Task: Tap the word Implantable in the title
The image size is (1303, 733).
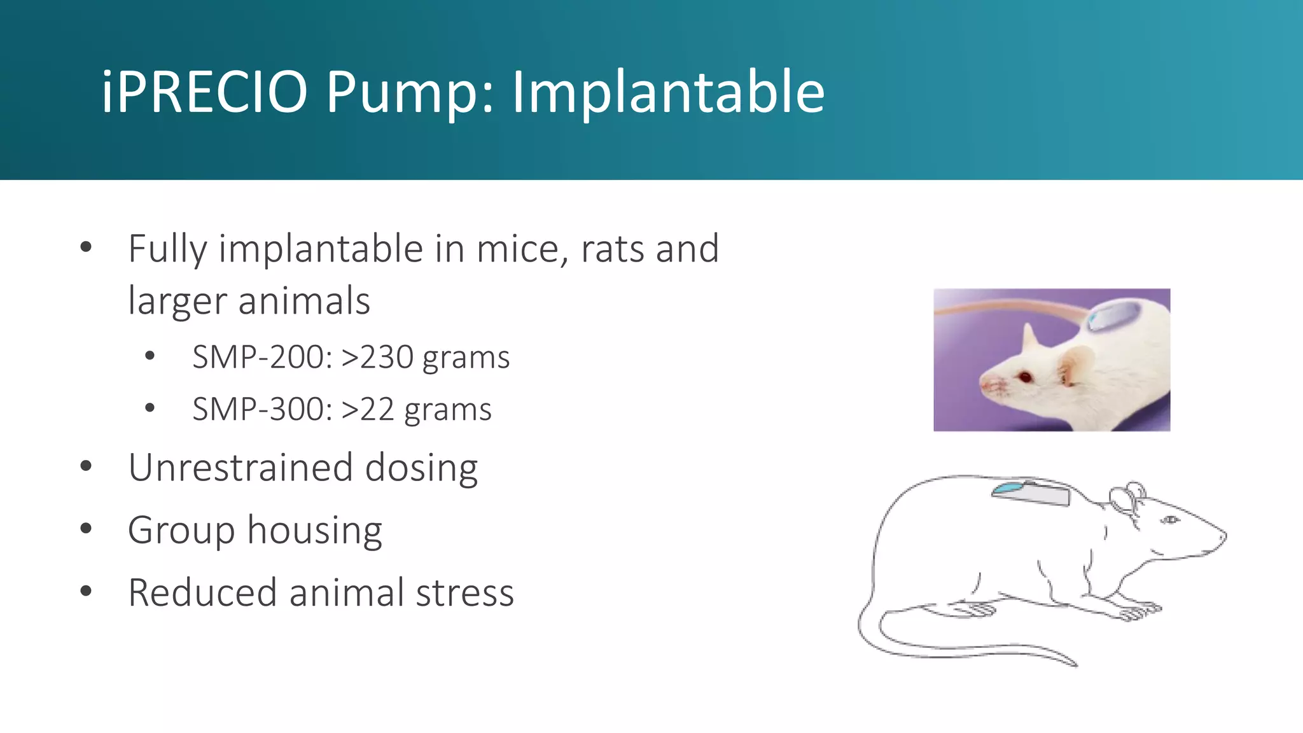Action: pos(668,93)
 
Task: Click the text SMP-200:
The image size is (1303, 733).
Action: pos(263,357)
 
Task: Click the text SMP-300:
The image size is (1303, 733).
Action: pos(263,409)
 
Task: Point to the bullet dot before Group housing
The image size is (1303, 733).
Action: pos(86,528)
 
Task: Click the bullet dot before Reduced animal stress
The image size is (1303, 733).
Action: pos(86,591)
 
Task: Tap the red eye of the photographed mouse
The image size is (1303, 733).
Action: pos(1025,377)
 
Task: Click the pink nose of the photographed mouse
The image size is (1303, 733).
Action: pos(986,384)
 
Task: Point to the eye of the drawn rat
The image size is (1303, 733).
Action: pos(1169,520)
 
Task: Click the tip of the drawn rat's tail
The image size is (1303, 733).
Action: pos(1075,665)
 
